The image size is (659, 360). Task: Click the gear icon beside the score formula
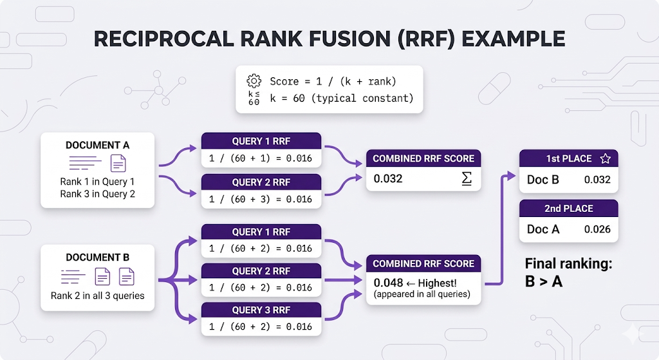254,81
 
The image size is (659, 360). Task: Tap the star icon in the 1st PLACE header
604,158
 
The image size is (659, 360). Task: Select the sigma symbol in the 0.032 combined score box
467,178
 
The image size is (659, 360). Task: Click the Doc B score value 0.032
597,179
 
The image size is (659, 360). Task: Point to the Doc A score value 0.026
597,229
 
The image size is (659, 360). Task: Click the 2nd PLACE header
569,209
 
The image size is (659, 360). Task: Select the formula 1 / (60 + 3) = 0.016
261,199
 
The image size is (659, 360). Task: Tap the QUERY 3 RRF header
261,310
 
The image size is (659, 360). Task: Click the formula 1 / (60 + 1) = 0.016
261,159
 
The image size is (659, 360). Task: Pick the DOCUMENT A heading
97,146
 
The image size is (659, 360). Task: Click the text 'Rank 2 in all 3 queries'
97,296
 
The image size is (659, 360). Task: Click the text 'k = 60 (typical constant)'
342,99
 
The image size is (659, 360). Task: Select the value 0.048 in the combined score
388,283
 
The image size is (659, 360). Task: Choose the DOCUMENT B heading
97,258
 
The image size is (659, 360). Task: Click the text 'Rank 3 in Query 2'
97,194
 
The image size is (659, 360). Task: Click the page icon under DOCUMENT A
118,164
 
